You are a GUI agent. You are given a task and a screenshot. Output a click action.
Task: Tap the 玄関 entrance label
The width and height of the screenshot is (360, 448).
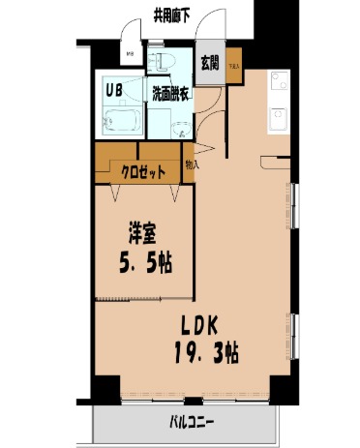click(x=210, y=62)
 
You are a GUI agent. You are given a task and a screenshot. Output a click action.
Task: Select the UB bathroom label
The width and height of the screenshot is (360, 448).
click(x=113, y=92)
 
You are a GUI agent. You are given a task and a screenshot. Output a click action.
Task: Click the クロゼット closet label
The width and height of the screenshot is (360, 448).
click(x=143, y=172)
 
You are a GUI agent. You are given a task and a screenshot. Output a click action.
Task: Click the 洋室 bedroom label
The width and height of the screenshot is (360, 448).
click(x=142, y=233)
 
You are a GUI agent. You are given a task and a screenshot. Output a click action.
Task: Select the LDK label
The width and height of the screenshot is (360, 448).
click(x=202, y=326)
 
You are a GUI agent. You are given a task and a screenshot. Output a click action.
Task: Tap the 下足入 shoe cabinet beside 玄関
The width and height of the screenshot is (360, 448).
click(x=235, y=69)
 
